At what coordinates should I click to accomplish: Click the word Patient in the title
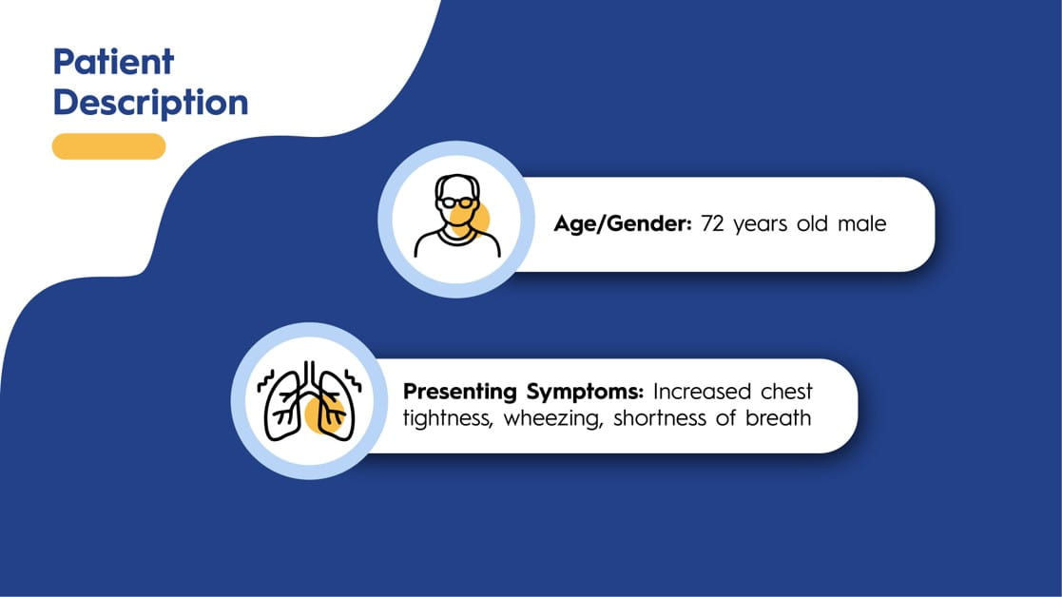tap(113, 63)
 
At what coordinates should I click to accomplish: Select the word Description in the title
tap(150, 104)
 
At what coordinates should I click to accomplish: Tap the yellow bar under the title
tap(109, 146)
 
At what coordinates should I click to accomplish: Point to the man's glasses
tap(455, 202)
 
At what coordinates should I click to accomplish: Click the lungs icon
tap(310, 401)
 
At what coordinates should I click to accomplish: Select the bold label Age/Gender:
tap(623, 223)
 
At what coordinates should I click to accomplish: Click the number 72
tap(712, 224)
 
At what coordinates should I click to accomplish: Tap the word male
tap(861, 223)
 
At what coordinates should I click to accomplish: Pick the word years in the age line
tap(760, 225)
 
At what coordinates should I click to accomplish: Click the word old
tap(812, 223)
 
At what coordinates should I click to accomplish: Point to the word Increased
tap(702, 392)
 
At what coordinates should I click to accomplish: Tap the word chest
tap(786, 392)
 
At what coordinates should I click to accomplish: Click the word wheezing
tap(552, 419)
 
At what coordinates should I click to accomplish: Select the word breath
tap(779, 417)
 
